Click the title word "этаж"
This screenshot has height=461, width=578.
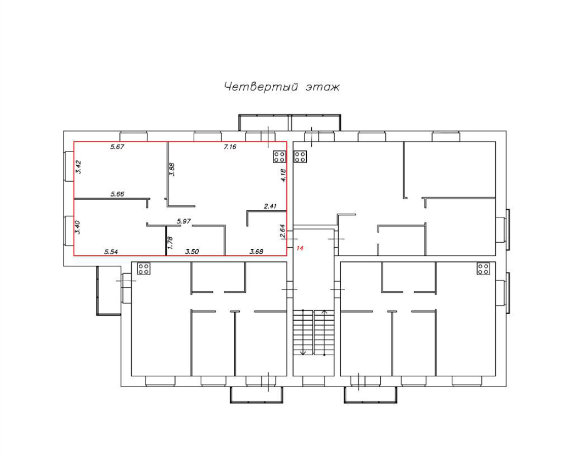point(322,87)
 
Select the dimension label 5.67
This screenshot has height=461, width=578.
point(117,147)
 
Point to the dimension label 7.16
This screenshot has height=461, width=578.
point(231,147)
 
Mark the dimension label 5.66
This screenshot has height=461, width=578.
point(117,194)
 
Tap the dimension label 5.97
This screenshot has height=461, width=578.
point(183,221)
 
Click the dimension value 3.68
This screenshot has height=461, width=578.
point(257,251)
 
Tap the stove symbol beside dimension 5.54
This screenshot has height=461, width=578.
point(142,268)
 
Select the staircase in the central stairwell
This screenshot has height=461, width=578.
point(314,332)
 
